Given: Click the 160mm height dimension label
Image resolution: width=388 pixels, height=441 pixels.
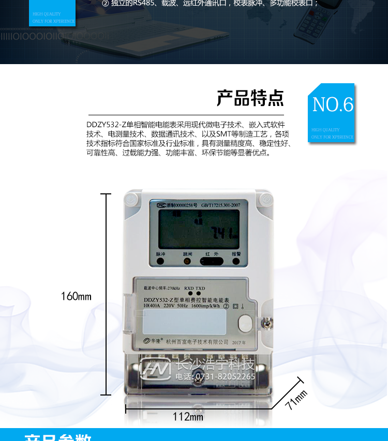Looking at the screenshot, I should coord(76,296).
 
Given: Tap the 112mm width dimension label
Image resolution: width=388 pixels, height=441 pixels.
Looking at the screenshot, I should coord(188,417).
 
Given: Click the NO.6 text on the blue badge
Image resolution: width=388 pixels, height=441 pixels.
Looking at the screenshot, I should coord(333,105).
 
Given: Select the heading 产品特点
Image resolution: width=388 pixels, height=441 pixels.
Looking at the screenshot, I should coord(250,98).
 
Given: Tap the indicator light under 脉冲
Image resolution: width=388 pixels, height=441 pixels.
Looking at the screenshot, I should coord(160,262).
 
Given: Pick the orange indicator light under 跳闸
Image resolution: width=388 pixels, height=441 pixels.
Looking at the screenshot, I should coord(187,262).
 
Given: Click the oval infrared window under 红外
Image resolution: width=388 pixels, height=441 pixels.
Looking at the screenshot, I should coord(212,262).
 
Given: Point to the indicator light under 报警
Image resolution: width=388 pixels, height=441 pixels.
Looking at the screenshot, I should coord(236,262).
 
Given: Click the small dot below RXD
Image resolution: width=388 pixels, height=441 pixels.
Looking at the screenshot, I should coord(190,294).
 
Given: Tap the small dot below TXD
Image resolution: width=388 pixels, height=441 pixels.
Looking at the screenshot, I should coord(199,294).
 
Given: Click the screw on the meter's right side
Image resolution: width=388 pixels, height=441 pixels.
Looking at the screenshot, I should coord(267,323).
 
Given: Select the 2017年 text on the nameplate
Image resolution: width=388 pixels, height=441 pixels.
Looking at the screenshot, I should coord(240,343).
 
